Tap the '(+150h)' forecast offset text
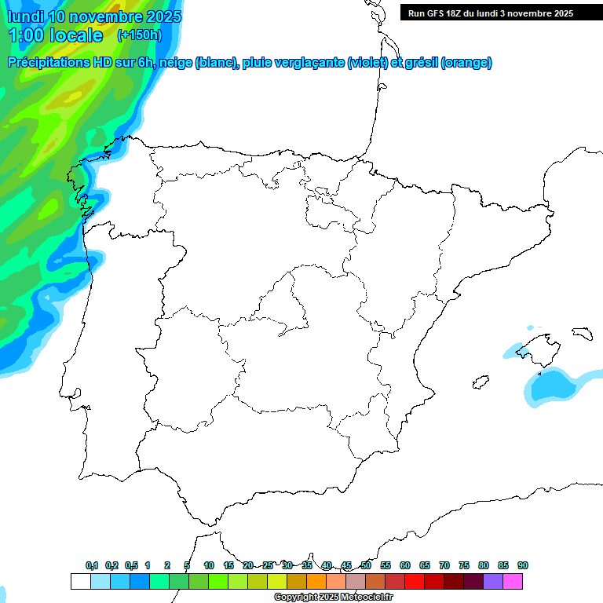point(139,35)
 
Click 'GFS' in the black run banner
point(440,13)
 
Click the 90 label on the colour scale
point(523,565)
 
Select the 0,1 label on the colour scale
point(92,565)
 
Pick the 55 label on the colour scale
point(386,565)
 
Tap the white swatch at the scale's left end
point(80,581)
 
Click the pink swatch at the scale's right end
point(513,581)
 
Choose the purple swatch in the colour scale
point(493,581)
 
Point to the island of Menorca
point(582,333)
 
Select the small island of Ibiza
point(480,383)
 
